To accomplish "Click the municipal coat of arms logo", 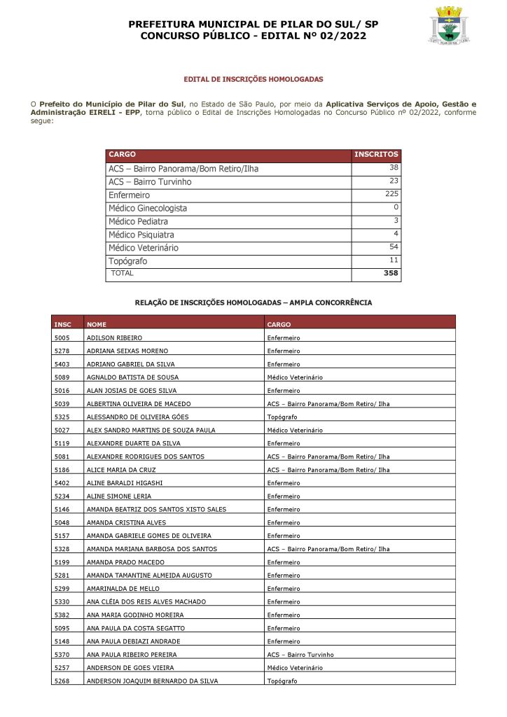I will point(448,26).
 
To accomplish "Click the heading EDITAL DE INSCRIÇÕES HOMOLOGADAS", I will point(253,80).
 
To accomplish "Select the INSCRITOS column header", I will point(376,155).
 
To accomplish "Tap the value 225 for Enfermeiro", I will point(391,194).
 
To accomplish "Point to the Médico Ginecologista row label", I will point(148,208).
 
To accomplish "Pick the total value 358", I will point(391,273).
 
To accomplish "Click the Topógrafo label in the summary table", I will point(127,260).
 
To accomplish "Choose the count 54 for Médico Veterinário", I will point(394,246).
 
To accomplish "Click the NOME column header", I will point(97,325).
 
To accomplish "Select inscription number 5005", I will point(62,338).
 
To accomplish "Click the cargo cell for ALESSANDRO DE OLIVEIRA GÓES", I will point(282,417).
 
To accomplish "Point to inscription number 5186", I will point(62,470).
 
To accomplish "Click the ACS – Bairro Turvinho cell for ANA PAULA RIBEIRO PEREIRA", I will point(300,655).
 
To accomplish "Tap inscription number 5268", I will point(62,681).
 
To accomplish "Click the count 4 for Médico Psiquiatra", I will point(396,233).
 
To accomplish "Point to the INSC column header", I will point(62,325).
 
